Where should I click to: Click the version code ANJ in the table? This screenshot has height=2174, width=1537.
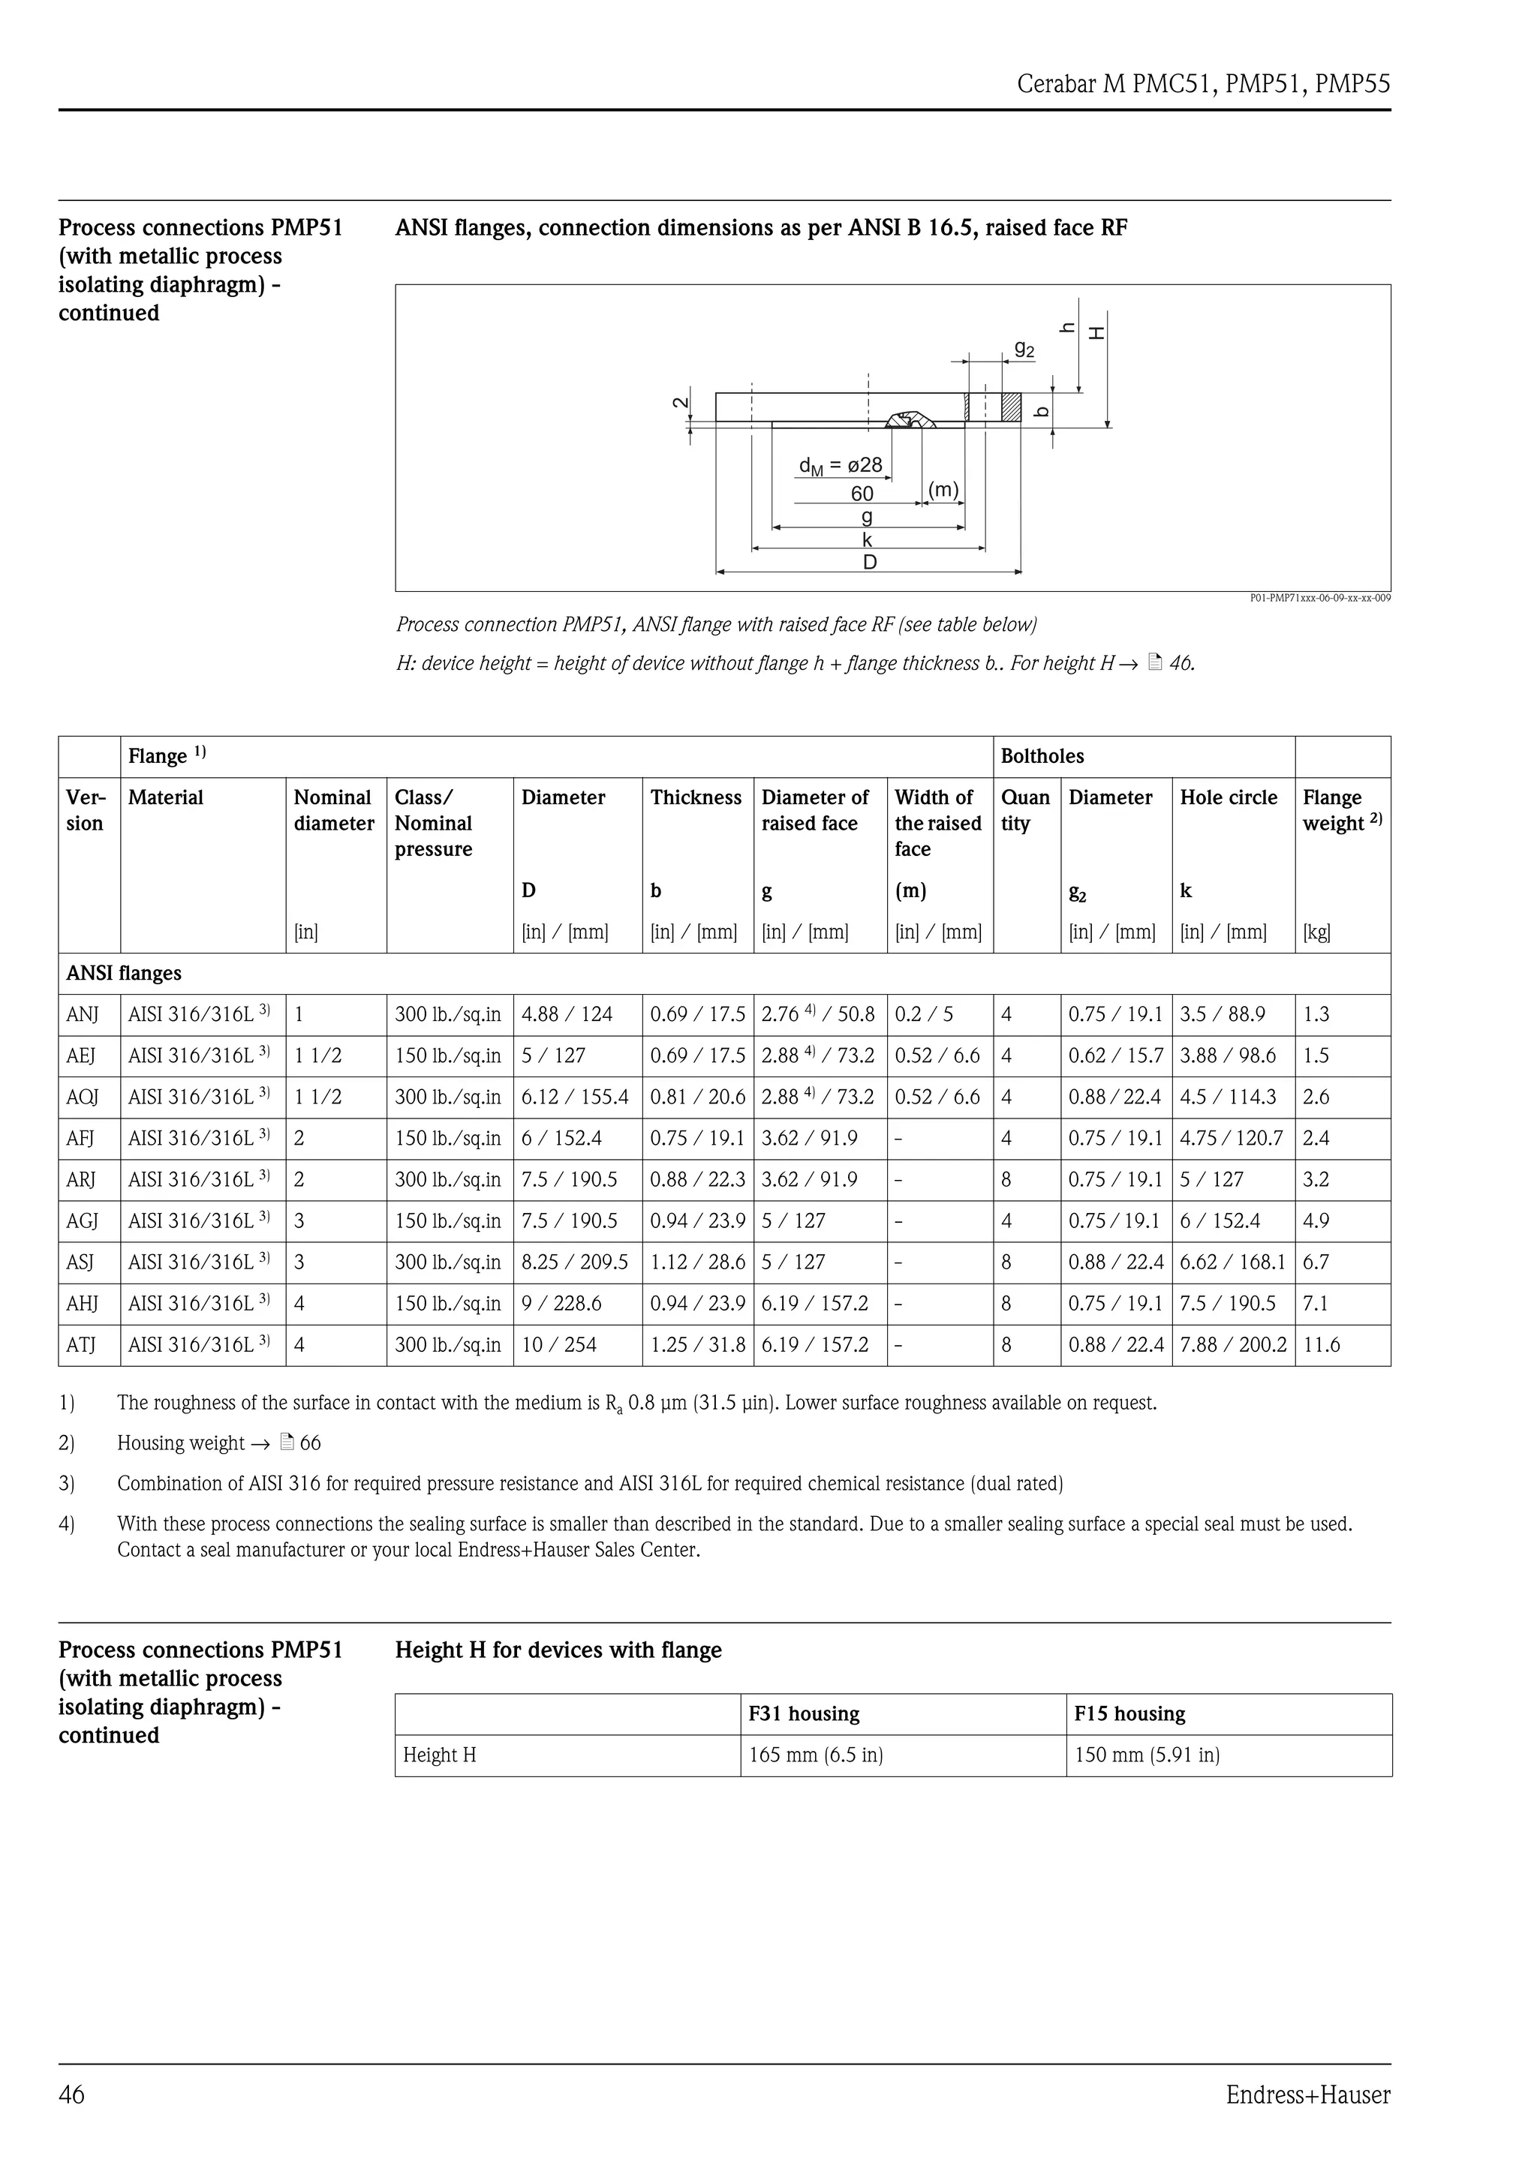(83, 1015)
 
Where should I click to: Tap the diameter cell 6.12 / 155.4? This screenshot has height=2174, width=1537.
(575, 1098)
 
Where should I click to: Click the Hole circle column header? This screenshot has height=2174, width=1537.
(1229, 797)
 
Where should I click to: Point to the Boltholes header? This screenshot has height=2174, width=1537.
(1042, 756)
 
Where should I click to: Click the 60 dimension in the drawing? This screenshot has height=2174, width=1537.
(862, 494)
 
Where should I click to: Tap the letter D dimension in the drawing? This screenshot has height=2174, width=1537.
(869, 563)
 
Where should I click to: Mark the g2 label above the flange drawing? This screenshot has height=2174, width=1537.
(1024, 350)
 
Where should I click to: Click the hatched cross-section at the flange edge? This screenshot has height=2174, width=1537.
(1012, 407)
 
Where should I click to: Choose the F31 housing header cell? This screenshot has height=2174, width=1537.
(804, 1714)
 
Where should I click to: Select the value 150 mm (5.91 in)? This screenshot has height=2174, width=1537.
(1147, 1755)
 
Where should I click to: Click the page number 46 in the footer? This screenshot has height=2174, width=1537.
(72, 2095)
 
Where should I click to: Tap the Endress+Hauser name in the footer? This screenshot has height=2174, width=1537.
(1308, 2095)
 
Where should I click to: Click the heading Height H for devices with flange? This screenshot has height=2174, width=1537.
(558, 1650)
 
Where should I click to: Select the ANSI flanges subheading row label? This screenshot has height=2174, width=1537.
(124, 974)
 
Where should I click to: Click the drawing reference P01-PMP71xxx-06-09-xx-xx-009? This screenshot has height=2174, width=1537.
(1320, 599)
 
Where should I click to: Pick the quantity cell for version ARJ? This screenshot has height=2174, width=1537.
(1006, 1180)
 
